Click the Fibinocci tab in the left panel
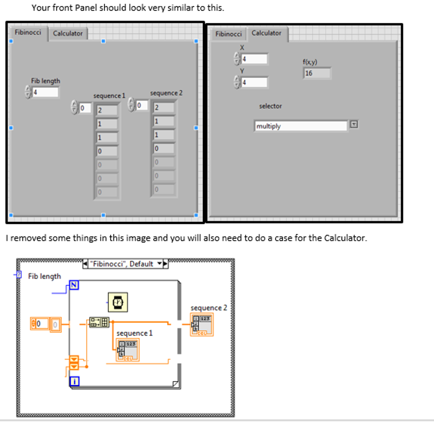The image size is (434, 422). click(x=28, y=33)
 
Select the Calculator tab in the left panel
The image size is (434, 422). click(x=68, y=33)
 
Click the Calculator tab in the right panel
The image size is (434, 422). click(x=266, y=33)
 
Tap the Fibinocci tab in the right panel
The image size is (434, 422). click(x=228, y=34)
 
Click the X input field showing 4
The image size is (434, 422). click(x=254, y=59)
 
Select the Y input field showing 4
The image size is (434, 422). click(x=254, y=82)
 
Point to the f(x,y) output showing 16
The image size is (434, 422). click(x=317, y=73)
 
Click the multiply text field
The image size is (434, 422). click(x=300, y=126)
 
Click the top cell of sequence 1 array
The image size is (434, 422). click(x=107, y=110)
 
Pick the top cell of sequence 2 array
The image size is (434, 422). click(x=164, y=108)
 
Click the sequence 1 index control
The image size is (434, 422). click(x=85, y=108)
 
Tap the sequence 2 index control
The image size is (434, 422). click(x=142, y=105)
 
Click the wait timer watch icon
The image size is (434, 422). click(x=118, y=302)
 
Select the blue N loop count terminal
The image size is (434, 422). click(x=74, y=285)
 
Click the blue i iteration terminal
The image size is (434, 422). click(x=75, y=381)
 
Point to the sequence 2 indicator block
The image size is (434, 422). click(x=202, y=325)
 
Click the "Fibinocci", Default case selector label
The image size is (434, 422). click(x=121, y=264)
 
